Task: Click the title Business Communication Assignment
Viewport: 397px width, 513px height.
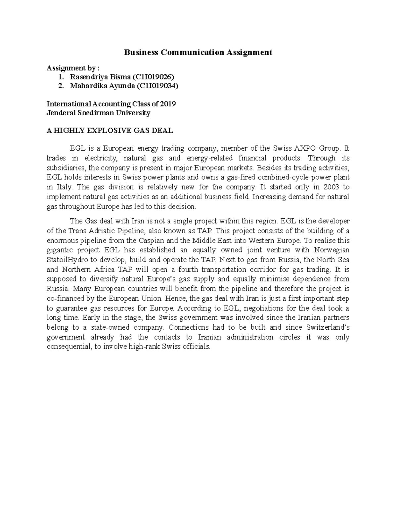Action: click(198, 52)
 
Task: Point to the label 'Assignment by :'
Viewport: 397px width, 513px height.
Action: click(73, 68)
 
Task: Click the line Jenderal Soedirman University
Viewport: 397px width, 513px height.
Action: click(98, 113)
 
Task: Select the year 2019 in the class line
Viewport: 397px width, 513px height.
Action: click(168, 104)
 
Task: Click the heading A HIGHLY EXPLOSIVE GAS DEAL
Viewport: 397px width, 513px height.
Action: click(110, 130)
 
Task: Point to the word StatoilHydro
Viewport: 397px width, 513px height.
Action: click(68, 260)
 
